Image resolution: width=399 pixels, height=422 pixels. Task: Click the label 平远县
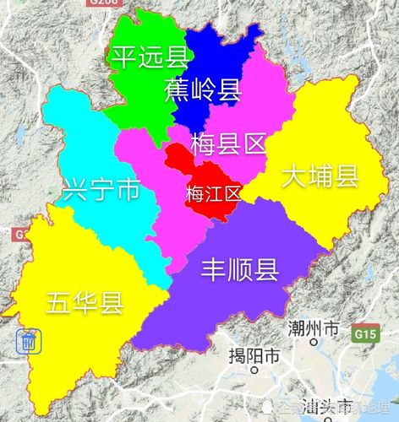click(x=140, y=57)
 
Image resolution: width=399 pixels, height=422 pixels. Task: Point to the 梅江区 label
click(x=213, y=192)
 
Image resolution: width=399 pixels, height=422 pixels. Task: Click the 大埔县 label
click(x=321, y=177)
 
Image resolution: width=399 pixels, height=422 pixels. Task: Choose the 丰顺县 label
click(x=240, y=269)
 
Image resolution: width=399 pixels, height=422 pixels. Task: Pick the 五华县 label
click(x=85, y=300)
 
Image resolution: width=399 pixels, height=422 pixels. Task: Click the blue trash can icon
click(x=29, y=342)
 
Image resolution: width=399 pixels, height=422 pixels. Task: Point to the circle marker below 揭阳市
click(x=254, y=371)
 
